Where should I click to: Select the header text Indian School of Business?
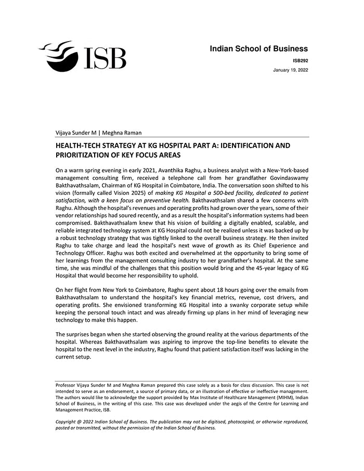point(258,49)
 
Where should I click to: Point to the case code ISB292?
point(300,61)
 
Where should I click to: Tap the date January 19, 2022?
point(290,70)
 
